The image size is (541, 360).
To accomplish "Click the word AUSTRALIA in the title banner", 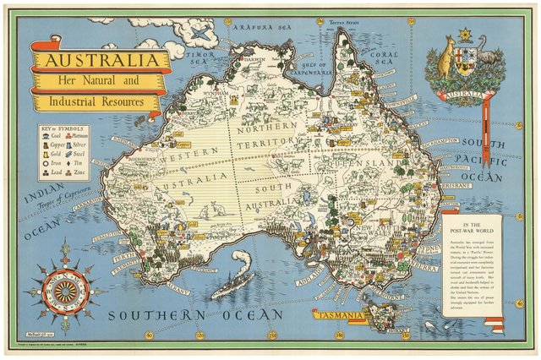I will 95,61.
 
